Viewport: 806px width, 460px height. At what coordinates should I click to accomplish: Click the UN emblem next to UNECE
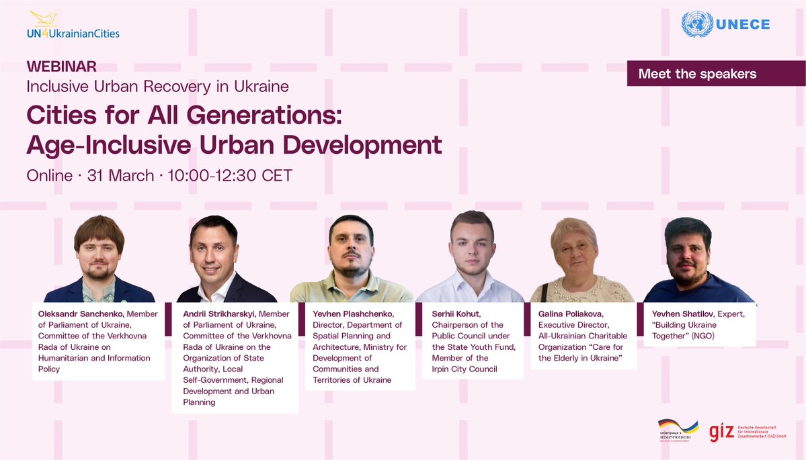click(x=697, y=24)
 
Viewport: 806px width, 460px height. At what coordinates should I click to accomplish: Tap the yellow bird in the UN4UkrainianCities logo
click(x=44, y=18)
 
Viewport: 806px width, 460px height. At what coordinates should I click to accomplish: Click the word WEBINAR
click(x=61, y=66)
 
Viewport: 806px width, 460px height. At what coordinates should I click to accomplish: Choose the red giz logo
click(x=722, y=432)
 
